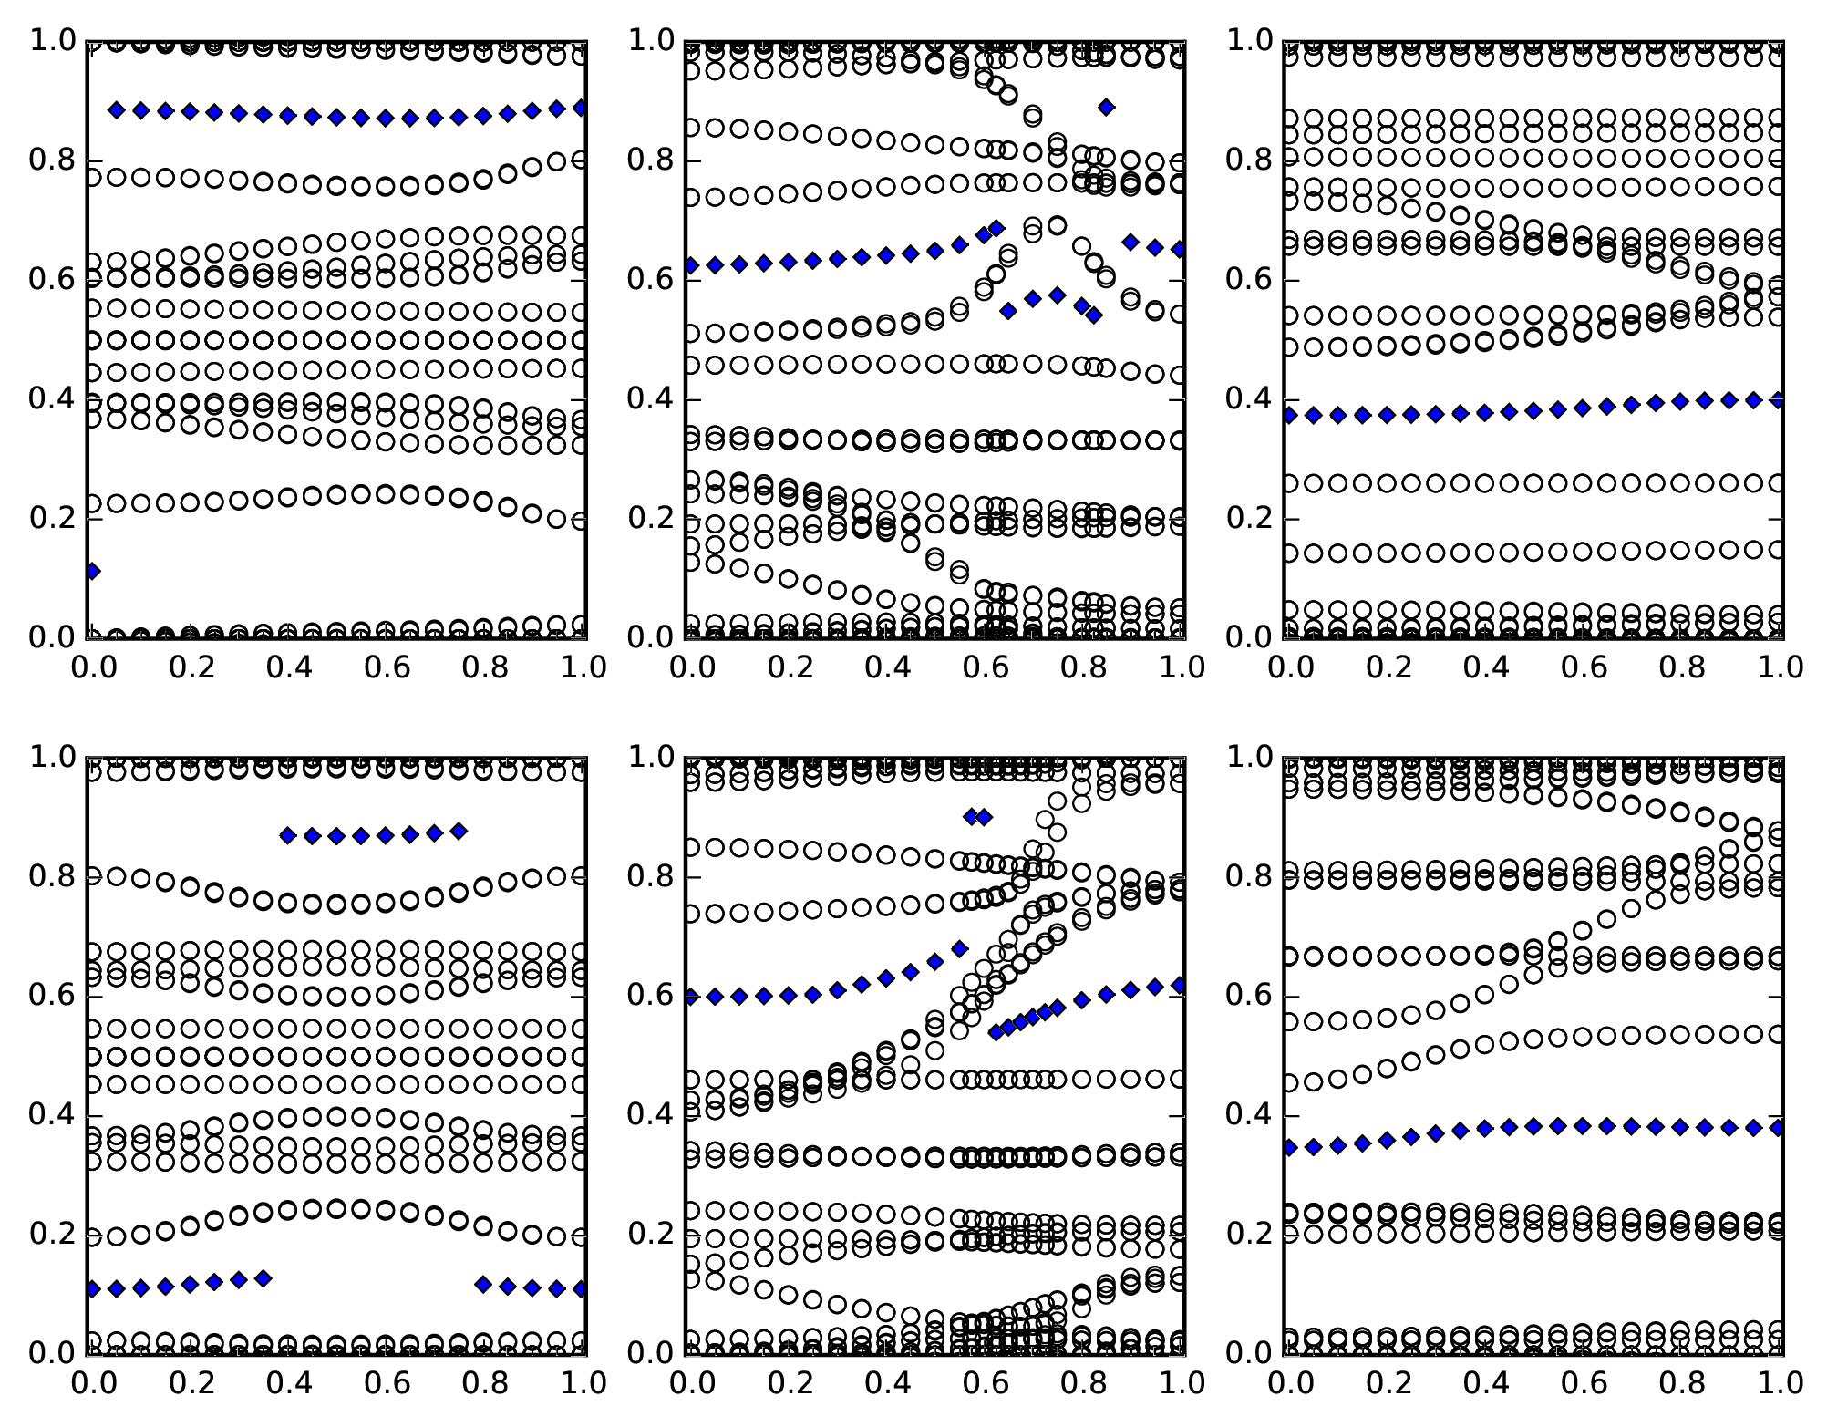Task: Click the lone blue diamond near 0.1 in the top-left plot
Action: (x=92, y=572)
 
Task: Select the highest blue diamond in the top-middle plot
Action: (x=1106, y=108)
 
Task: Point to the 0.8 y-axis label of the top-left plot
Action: (x=52, y=160)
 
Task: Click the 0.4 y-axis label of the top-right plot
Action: (x=1249, y=399)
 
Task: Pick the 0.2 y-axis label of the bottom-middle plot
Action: (x=650, y=1235)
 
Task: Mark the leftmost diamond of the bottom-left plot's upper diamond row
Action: (x=288, y=835)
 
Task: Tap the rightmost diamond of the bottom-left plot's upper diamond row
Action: (x=459, y=832)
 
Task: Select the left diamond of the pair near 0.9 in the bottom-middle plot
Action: (x=971, y=817)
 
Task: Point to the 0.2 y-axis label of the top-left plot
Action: (x=52, y=519)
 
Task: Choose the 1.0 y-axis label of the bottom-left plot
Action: (x=52, y=757)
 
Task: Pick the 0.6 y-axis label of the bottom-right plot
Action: (x=1249, y=997)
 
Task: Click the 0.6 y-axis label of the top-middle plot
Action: (x=650, y=280)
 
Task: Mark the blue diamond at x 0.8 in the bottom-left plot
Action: (x=483, y=1284)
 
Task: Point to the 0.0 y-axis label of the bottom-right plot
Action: (x=1249, y=1353)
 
